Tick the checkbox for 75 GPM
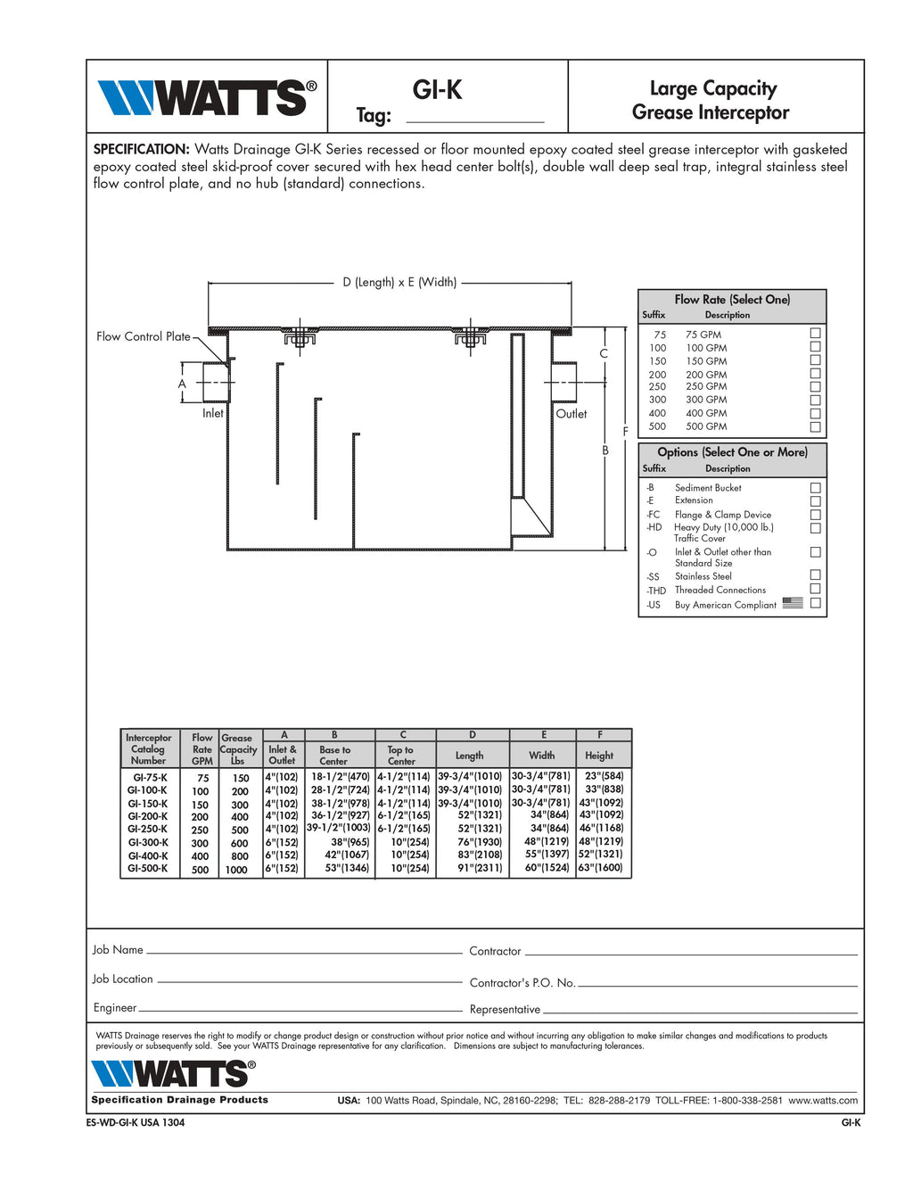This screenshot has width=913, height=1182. [815, 334]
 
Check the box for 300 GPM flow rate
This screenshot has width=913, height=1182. [815, 400]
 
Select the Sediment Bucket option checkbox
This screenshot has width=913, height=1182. [815, 488]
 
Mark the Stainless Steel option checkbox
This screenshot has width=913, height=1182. [815, 575]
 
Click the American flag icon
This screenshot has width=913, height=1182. [793, 603]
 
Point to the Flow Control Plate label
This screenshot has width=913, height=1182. [143, 336]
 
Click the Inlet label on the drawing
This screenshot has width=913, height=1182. [212, 413]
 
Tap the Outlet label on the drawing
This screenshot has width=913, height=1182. [572, 414]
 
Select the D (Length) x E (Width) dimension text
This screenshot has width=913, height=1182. [399, 282]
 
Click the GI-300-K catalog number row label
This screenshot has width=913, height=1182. [148, 842]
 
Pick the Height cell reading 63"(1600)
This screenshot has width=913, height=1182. [600, 867]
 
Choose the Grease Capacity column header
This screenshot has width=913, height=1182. [237, 749]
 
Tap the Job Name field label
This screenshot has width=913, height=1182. [118, 949]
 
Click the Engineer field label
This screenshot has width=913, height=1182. [115, 1007]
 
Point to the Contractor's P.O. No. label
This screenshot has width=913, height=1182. [522, 982]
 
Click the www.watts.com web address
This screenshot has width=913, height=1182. [823, 1100]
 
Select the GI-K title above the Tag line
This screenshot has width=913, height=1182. [437, 89]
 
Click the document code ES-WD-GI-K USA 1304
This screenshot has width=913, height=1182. [136, 1122]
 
